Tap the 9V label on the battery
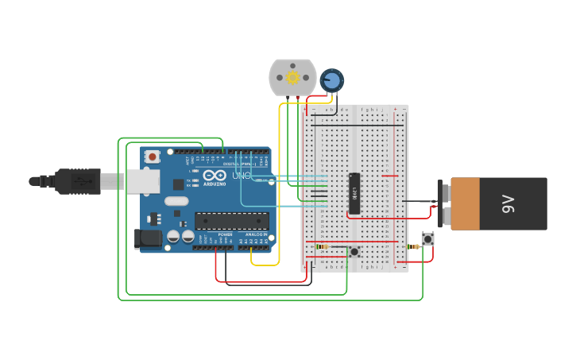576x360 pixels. [x=508, y=203]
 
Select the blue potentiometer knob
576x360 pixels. [x=331, y=79]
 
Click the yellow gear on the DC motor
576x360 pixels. [x=292, y=77]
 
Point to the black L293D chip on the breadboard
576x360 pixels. [x=354, y=193]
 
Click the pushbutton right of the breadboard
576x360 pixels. [x=428, y=238]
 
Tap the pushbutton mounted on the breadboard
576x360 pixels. [x=354, y=252]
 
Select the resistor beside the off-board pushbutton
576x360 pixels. [x=414, y=246]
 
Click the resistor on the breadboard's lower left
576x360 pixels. [x=322, y=246]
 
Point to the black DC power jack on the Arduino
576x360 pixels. [x=149, y=238]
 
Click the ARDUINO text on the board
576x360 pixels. [x=215, y=184]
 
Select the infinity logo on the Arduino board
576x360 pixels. [x=215, y=175]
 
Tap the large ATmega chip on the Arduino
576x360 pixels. [x=231, y=221]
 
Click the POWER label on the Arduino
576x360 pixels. [x=225, y=234]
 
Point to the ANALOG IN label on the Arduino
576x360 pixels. [x=255, y=234]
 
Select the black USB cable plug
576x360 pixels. [x=78, y=181]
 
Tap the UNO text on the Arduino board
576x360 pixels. [x=242, y=175]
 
